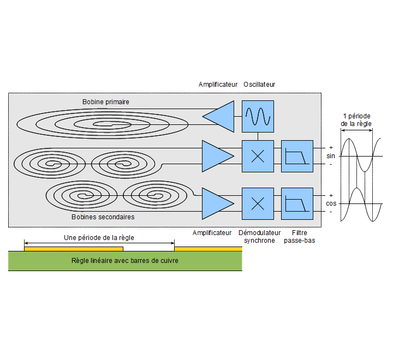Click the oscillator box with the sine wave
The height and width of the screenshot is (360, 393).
pyautogui.click(x=258, y=116)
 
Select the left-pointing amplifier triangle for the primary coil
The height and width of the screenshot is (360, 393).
pyautogui.click(x=219, y=116)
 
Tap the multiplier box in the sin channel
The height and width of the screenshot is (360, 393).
pyautogui.click(x=258, y=156)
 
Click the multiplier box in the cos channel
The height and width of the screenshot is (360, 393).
pyautogui.click(x=258, y=203)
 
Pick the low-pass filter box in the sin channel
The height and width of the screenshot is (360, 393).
pyautogui.click(x=297, y=156)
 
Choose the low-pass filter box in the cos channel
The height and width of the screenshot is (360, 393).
pyautogui.click(x=297, y=203)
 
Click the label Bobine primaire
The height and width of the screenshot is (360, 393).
pyautogui.click(x=106, y=102)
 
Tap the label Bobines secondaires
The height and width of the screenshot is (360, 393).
pyautogui.click(x=103, y=217)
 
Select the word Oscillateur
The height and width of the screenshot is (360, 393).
pyautogui.click(x=259, y=85)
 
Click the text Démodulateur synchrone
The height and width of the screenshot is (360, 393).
pyautogui.click(x=259, y=237)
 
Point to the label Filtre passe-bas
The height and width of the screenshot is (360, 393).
pyautogui.click(x=300, y=237)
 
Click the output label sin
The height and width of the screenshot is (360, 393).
pyautogui.click(x=331, y=156)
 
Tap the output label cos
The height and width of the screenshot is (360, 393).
pyautogui.click(x=331, y=203)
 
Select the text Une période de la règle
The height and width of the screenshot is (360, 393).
pyautogui.click(x=99, y=238)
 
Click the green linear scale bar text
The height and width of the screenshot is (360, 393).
pyautogui.click(x=125, y=261)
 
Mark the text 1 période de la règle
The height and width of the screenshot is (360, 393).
pyautogui.click(x=356, y=120)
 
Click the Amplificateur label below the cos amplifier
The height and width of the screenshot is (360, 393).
pyautogui.click(x=212, y=233)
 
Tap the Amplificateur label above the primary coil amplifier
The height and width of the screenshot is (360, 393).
pyautogui.click(x=218, y=85)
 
